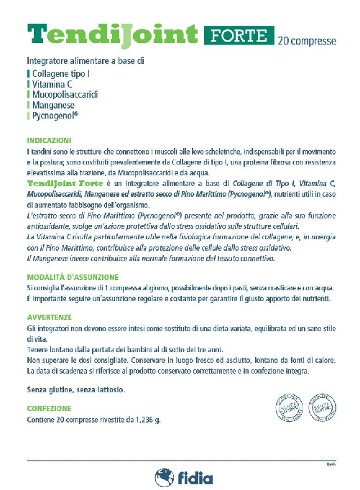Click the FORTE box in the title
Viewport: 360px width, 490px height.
[x=239, y=34]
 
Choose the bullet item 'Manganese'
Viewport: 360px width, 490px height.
[x=53, y=104]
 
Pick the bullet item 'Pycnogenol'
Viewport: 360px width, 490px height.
[x=55, y=115]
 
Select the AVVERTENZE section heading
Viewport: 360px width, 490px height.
[x=48, y=315]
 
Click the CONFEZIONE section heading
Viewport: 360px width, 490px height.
[x=48, y=408]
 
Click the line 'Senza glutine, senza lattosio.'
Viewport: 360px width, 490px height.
[x=75, y=390]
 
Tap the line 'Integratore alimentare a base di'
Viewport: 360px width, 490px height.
[x=86, y=60]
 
